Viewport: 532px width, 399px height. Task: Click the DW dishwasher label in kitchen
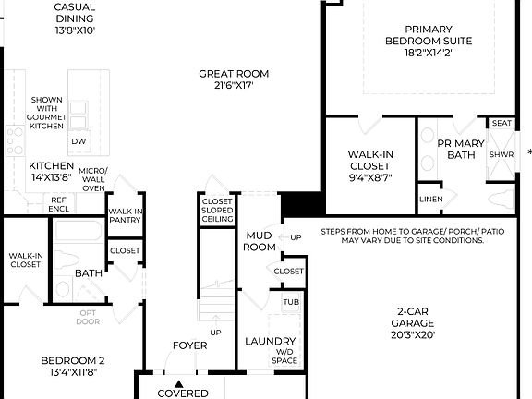coord(79,140)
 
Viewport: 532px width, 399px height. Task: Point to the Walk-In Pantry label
coord(125,215)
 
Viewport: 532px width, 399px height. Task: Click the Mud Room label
coord(260,241)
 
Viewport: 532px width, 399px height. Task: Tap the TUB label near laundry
coord(290,302)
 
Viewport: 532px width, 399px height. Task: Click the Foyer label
coord(189,345)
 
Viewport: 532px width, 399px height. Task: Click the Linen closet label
coord(430,199)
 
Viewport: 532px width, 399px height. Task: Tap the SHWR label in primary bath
coord(502,154)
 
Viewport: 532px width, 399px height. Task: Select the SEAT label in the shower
coord(502,123)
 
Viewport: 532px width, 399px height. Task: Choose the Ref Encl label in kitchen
coord(58,203)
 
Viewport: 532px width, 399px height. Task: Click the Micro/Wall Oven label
coord(93,179)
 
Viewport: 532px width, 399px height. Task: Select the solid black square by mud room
coord(300,202)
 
